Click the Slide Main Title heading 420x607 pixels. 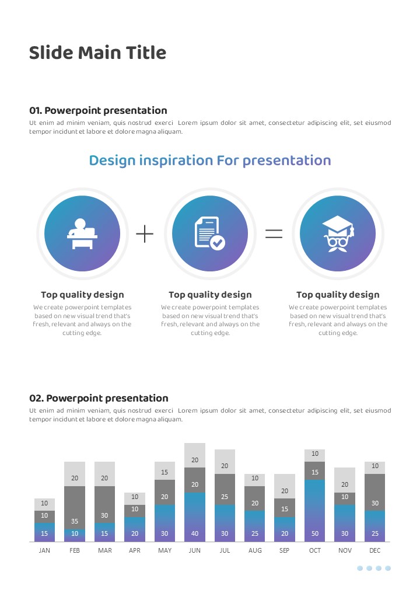(x=97, y=53)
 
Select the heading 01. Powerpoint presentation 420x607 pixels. (x=98, y=110)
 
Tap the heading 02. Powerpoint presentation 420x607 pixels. (x=99, y=398)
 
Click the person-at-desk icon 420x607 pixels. (x=82, y=234)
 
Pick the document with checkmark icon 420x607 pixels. (x=209, y=233)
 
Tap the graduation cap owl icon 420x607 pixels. (x=338, y=233)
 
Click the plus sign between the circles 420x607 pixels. (x=145, y=234)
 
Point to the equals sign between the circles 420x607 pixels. (x=274, y=233)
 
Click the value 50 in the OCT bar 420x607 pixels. (x=315, y=533)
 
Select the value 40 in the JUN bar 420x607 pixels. (x=194, y=533)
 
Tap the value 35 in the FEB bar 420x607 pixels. (x=75, y=521)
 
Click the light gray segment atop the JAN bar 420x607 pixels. (x=44, y=504)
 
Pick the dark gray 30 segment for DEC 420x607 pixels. (x=374, y=493)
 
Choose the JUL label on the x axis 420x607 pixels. (x=225, y=550)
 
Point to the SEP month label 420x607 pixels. (x=284, y=550)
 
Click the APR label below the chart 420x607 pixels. (x=135, y=550)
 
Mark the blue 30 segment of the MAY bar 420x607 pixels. (x=164, y=524)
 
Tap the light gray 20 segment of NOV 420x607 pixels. (x=345, y=480)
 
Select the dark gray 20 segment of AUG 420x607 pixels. (x=254, y=498)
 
